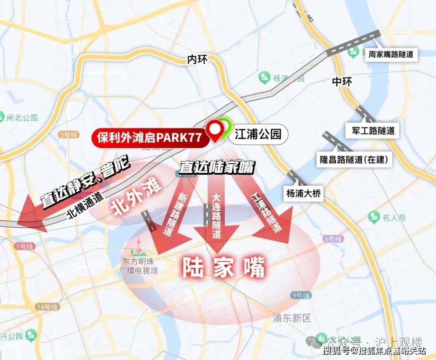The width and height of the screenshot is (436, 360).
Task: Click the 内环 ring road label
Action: [x=197, y=60]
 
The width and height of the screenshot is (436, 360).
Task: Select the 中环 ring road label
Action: [x=342, y=82]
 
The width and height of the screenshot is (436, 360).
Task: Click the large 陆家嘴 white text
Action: [x=223, y=267]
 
